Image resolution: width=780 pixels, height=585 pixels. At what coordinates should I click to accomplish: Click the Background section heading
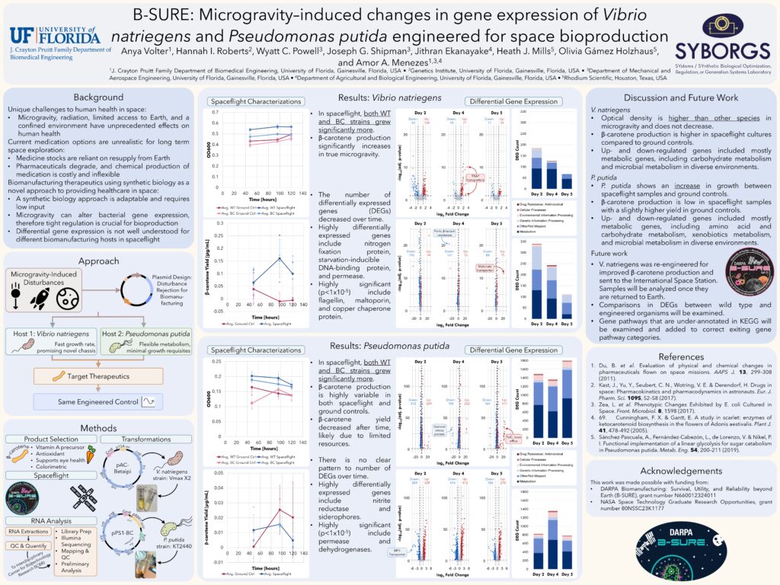point(98,97)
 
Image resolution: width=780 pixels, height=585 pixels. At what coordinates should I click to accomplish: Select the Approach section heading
point(98,261)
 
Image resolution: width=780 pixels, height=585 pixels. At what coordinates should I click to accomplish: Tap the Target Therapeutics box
point(97,376)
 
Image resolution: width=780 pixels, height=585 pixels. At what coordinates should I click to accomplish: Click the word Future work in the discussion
point(608,253)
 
